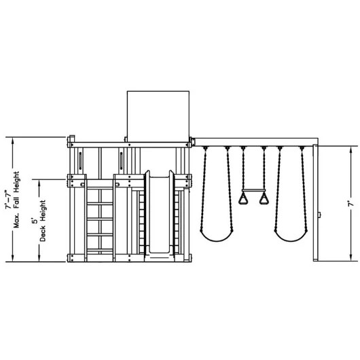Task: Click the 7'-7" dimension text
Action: (9, 199)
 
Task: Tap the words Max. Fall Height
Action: (16, 200)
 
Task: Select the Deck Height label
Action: (43, 221)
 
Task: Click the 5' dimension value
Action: (35, 221)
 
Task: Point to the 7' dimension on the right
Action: (350, 204)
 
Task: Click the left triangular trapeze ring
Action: (243, 198)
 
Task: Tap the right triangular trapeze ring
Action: (264, 198)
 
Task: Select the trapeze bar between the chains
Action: (253, 190)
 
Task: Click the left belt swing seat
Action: (217, 237)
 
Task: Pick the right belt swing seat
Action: (291, 237)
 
